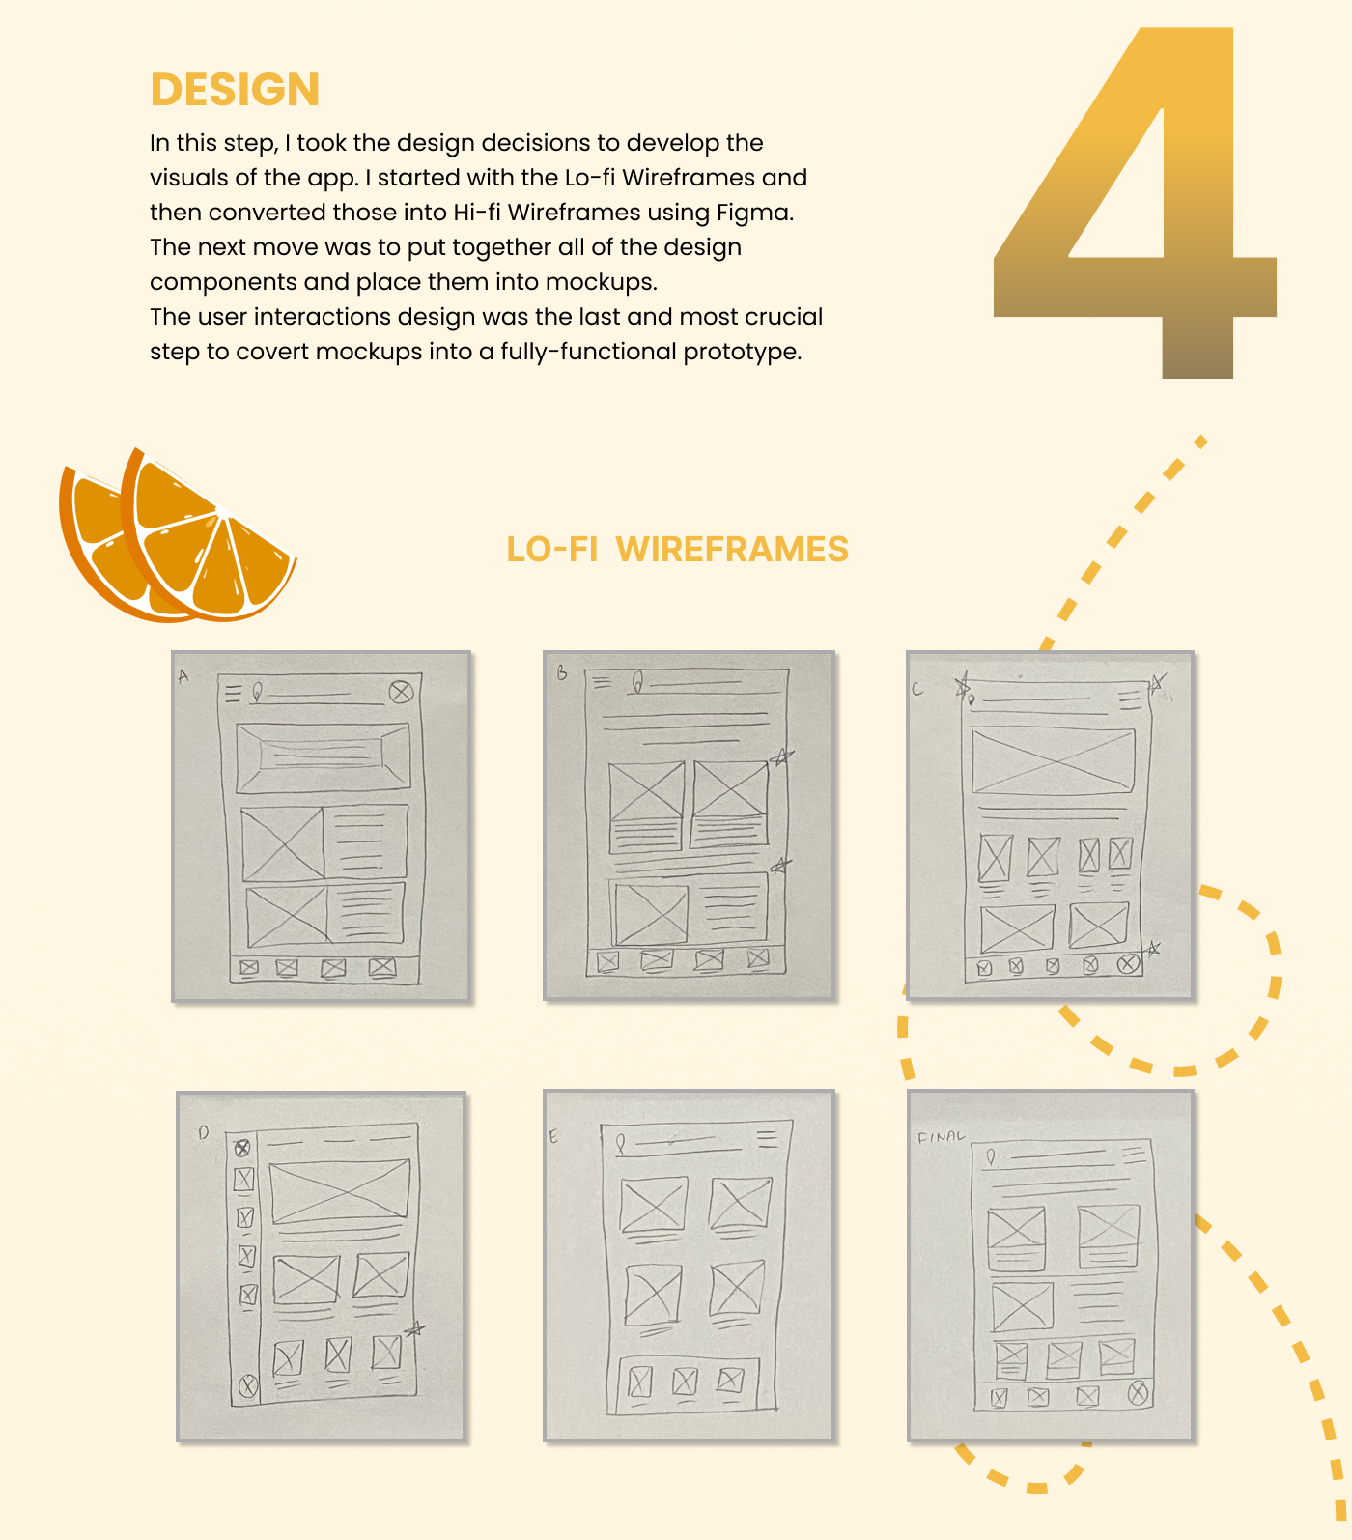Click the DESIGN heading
(x=235, y=90)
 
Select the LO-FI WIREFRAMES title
(x=677, y=549)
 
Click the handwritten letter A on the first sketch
(x=183, y=677)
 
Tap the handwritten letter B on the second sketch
(x=562, y=673)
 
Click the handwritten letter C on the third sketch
(x=917, y=689)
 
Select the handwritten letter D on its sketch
(x=203, y=1132)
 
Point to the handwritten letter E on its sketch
(x=553, y=1136)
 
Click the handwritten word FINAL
(x=941, y=1136)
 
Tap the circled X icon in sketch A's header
(x=402, y=692)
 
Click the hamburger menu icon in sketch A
(x=233, y=693)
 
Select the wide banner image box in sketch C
(x=1053, y=761)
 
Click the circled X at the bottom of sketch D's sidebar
(x=248, y=1386)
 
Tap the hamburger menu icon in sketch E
(x=767, y=1139)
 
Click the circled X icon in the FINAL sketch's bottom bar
(x=1139, y=1392)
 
